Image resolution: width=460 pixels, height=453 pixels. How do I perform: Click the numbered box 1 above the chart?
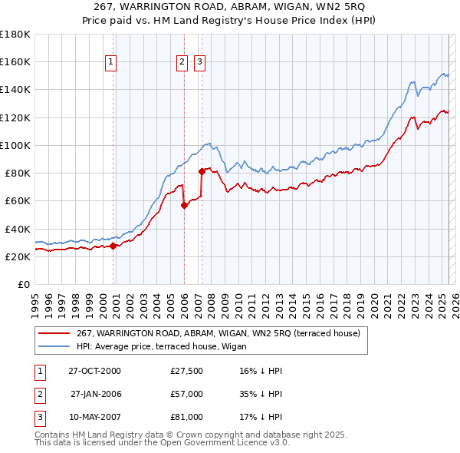(x=111, y=62)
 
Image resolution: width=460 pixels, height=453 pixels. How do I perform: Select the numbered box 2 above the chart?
(x=182, y=62)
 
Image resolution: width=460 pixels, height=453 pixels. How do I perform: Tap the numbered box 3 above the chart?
(x=199, y=62)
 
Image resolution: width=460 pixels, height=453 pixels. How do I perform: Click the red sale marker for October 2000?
(x=113, y=246)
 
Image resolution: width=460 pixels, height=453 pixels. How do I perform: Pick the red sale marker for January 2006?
(x=185, y=205)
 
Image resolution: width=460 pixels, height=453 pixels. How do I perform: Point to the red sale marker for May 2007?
(x=202, y=171)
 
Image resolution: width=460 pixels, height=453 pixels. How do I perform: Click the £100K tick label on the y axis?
(x=15, y=145)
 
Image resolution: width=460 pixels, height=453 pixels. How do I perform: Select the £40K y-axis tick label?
(x=18, y=229)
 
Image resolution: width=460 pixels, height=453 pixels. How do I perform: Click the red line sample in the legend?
(x=55, y=333)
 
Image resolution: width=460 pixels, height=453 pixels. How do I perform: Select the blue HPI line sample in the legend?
(x=55, y=346)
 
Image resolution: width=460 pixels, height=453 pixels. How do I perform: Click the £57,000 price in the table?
(x=186, y=394)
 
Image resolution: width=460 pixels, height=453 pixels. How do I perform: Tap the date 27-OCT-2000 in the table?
(x=94, y=371)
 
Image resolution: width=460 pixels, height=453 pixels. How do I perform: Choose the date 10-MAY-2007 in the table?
(x=94, y=417)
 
